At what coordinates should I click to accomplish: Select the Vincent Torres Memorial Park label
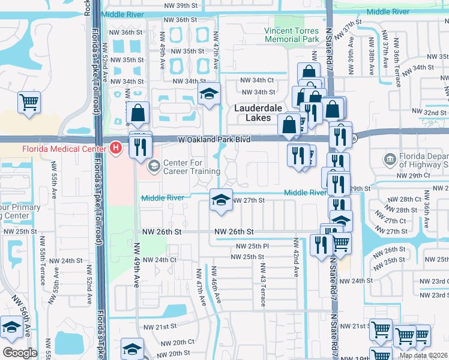click(x=292, y=34)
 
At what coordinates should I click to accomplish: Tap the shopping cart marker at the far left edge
click(x=29, y=102)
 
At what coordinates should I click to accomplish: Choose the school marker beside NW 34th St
click(x=209, y=94)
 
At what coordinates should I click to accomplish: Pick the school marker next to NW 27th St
click(x=220, y=200)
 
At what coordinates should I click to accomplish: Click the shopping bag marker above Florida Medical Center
click(x=137, y=112)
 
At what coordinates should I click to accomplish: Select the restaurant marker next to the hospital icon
click(x=140, y=147)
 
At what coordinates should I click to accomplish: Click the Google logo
click(x=20, y=353)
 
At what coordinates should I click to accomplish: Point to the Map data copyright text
click(x=423, y=355)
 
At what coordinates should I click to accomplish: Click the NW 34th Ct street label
click(x=257, y=80)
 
